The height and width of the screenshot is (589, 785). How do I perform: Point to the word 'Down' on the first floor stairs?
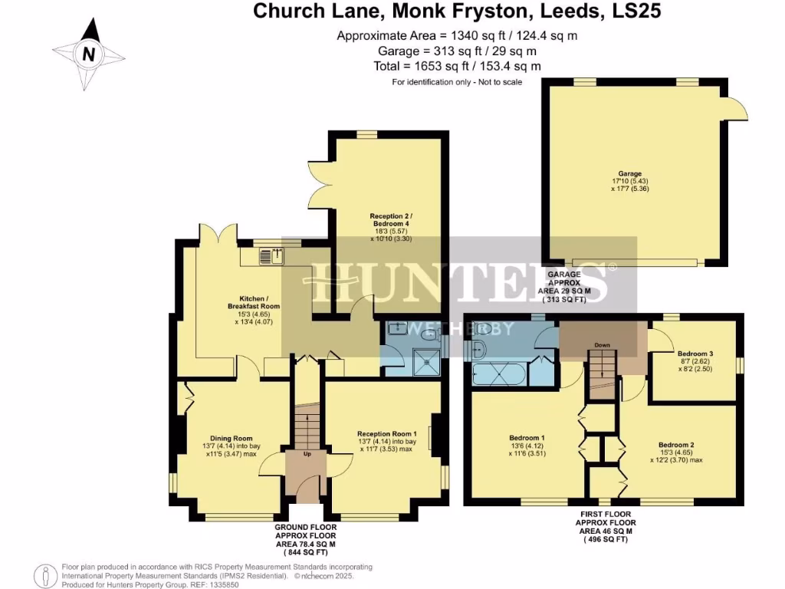coord(603,345)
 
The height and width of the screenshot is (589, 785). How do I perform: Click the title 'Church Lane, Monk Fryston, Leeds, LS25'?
coord(457,12)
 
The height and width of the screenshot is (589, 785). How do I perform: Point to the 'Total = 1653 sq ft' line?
coord(457,66)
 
